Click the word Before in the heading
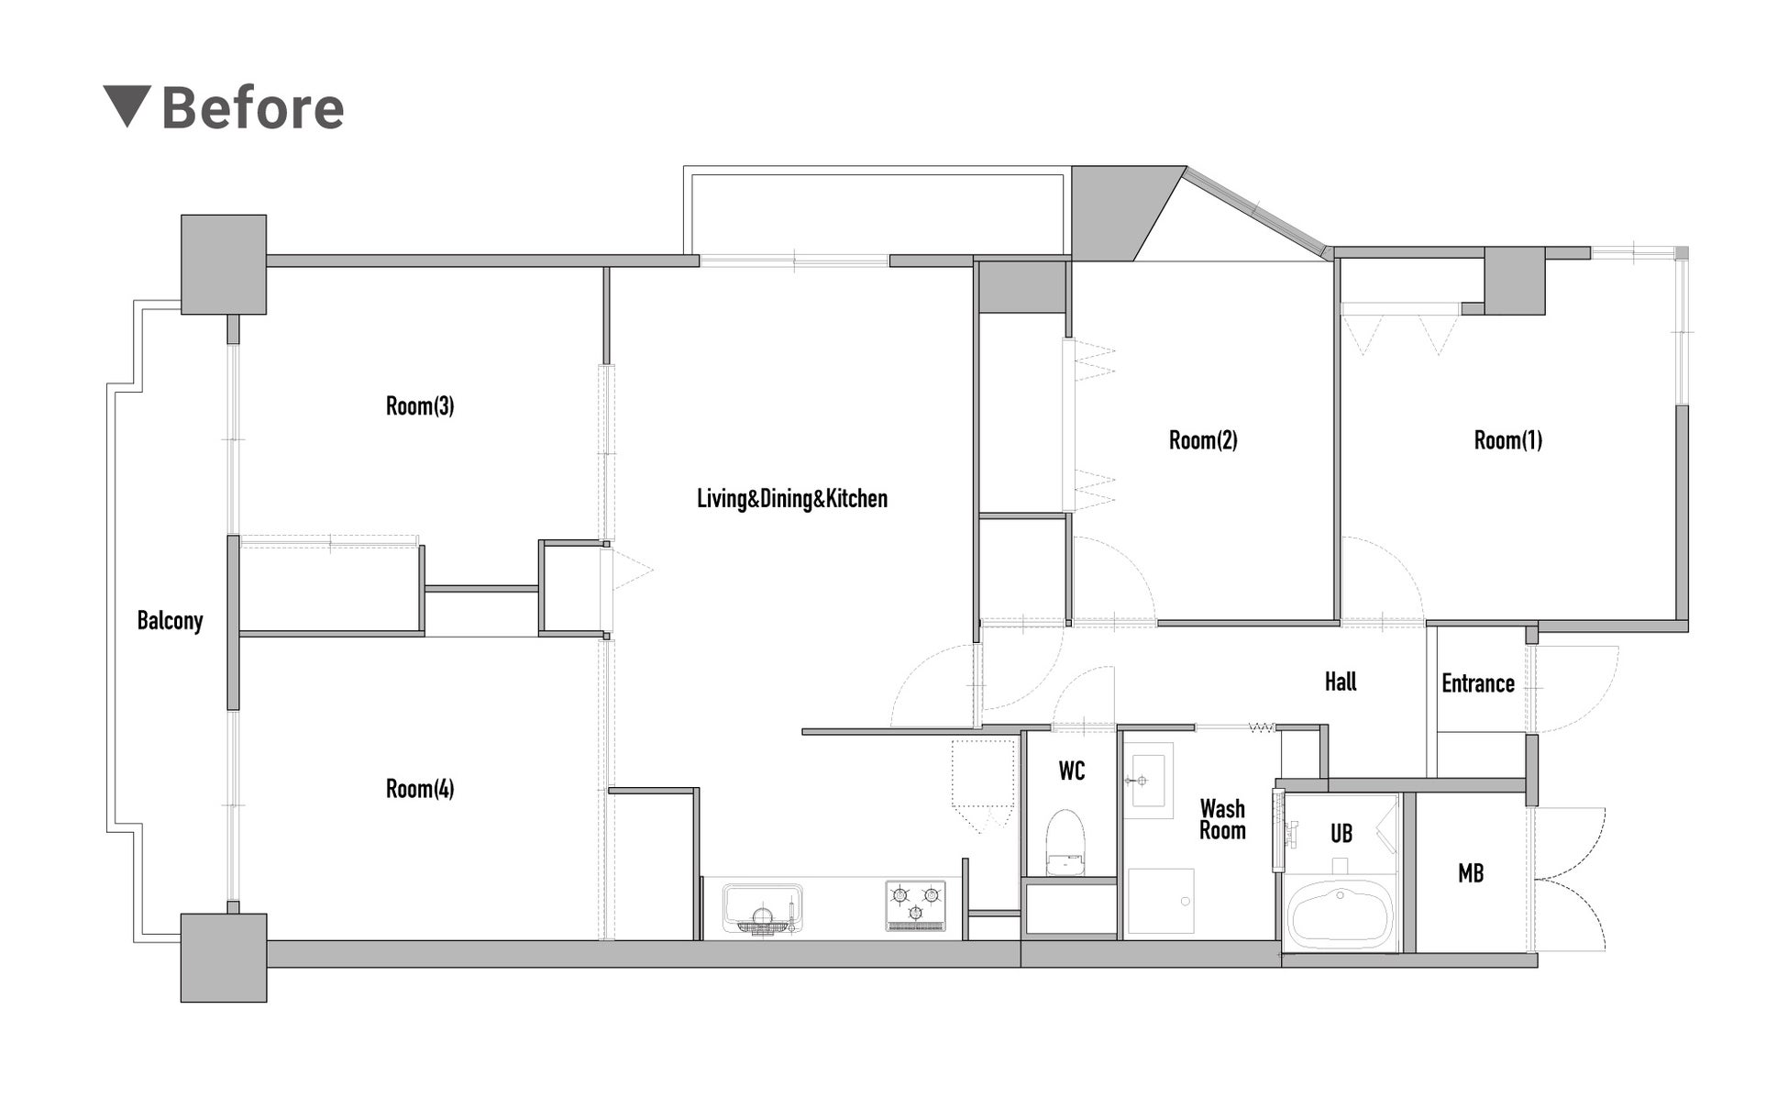coord(253,108)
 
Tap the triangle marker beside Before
coord(126,106)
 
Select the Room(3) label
coord(420,405)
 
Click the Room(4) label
coord(420,789)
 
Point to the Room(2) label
coord(1203,440)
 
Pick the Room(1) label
coord(1508,440)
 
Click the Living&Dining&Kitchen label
coord(792,499)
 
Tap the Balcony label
coord(170,621)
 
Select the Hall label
coord(1341,682)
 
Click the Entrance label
coord(1478,683)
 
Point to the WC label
coord(1072,771)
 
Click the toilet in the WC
coord(1065,842)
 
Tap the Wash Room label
coord(1223,820)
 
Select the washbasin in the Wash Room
coord(1148,781)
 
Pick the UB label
coord(1341,834)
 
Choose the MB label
coord(1471,874)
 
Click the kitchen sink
coord(762,908)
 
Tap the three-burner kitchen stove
coord(916,906)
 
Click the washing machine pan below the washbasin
coord(1161,901)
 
